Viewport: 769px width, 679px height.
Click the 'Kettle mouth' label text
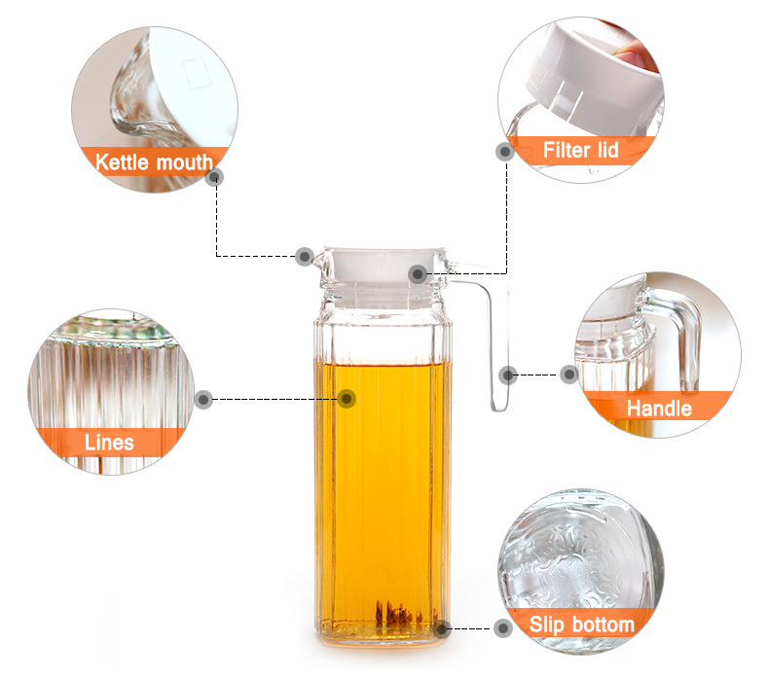tap(154, 162)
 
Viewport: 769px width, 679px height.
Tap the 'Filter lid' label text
tap(581, 150)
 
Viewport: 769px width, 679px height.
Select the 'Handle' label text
tap(659, 409)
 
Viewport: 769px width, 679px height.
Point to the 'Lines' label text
tap(109, 443)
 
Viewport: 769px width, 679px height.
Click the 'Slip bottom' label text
tap(582, 625)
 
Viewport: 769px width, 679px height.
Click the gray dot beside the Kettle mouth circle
tap(214, 176)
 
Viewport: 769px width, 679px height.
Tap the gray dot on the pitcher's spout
tap(305, 257)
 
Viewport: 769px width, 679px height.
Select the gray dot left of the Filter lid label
tap(505, 152)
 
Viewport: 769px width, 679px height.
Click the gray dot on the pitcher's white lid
tap(418, 273)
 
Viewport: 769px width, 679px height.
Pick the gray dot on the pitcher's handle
tap(508, 375)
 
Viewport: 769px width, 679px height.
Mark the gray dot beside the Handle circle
tap(568, 375)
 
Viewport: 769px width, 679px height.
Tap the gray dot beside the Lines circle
tap(203, 400)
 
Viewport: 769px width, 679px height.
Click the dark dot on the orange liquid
tap(347, 399)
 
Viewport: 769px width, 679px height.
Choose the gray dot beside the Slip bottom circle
tap(502, 628)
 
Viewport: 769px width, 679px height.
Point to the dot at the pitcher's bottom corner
tap(441, 629)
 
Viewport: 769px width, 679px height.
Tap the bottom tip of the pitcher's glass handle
tap(499, 410)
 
